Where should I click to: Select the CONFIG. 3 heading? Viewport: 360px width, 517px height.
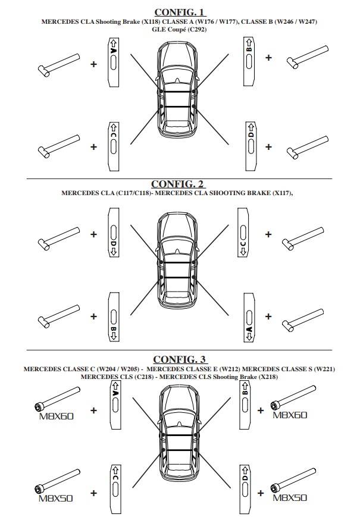click(179, 359)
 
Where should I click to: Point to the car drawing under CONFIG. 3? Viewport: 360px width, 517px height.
click(178, 434)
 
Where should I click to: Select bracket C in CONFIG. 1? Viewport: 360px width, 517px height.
click(113, 145)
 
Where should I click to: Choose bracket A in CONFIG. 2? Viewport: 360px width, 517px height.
click(250, 321)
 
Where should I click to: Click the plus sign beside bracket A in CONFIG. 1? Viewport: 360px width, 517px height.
click(93, 63)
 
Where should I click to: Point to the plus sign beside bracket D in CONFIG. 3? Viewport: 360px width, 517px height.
click(260, 492)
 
